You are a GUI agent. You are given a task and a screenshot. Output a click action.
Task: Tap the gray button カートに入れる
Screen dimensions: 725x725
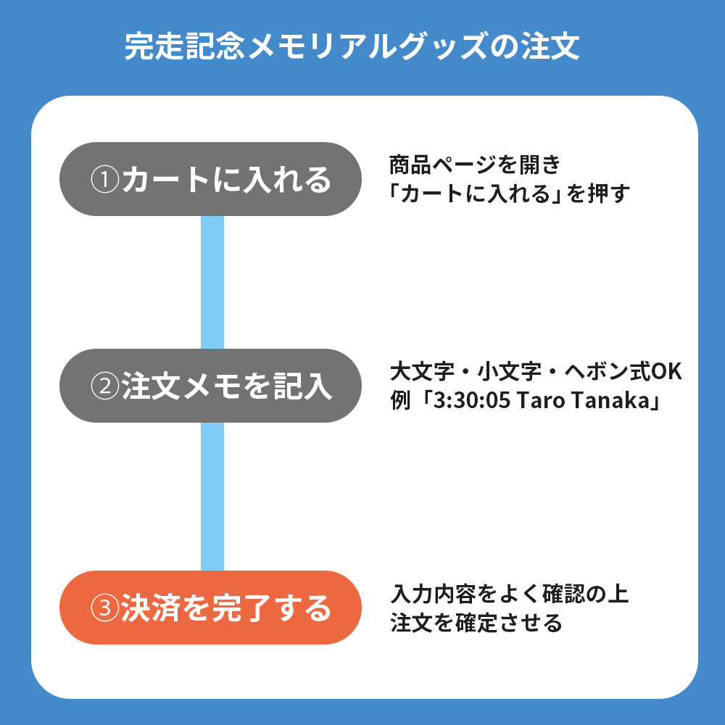pos(210,179)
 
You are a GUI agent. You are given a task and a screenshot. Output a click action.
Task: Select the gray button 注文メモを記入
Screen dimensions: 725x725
pos(210,386)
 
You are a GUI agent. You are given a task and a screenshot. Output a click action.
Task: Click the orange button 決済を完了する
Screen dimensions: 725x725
pos(210,608)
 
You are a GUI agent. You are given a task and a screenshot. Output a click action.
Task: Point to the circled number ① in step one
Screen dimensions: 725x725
pos(104,180)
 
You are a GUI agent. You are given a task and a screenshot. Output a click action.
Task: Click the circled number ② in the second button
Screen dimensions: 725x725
pos(104,386)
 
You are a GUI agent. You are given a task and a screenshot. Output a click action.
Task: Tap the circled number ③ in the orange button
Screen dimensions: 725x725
pos(104,608)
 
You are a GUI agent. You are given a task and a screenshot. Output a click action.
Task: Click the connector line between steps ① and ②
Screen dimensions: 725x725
pos(212,282)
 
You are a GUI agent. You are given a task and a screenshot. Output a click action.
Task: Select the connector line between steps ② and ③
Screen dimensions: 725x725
pos(212,497)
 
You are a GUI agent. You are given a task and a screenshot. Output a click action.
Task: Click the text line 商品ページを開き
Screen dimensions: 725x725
pos(475,165)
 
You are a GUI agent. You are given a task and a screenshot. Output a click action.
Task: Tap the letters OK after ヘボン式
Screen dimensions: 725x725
pos(666,373)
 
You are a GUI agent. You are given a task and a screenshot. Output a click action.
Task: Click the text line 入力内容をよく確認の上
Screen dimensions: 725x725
pos(509,594)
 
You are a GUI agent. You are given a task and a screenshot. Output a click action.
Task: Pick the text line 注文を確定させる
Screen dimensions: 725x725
pos(476,622)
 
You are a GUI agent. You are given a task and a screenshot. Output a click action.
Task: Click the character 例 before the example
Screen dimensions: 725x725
pos(400,401)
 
